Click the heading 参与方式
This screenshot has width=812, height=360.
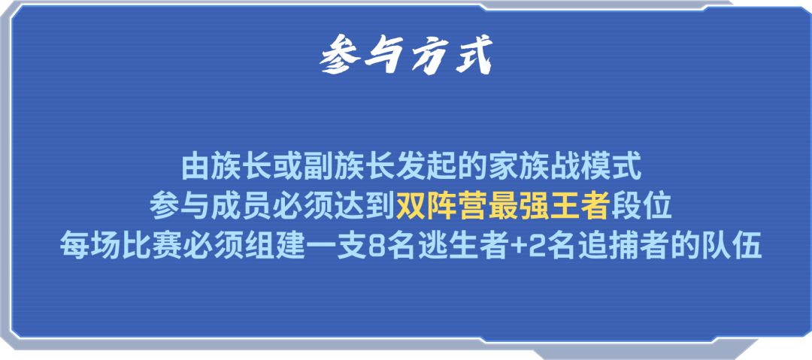tap(406, 55)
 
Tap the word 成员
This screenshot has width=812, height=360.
tap(242, 207)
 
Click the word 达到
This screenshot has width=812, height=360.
tap(364, 207)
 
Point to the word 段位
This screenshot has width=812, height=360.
tap(641, 207)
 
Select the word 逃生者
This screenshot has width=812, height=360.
tap(461, 247)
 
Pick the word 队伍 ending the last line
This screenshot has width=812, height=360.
tap(732, 247)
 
